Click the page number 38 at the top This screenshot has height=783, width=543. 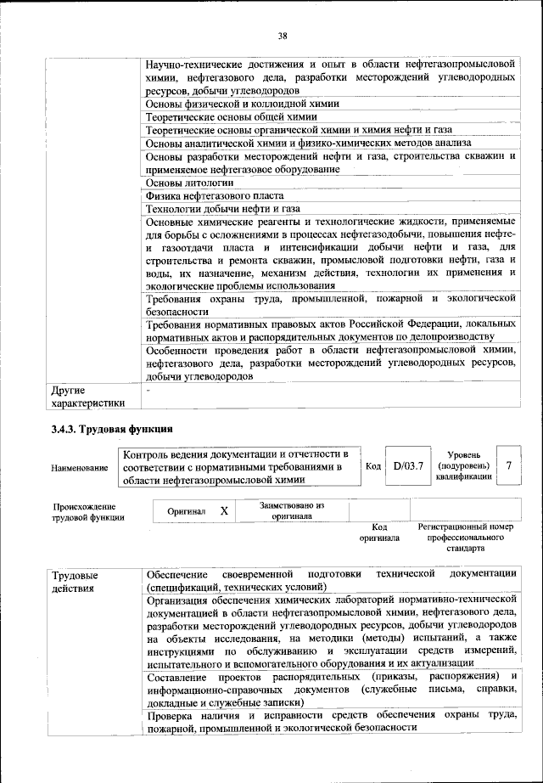[283, 35]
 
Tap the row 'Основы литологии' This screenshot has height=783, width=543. [189, 182]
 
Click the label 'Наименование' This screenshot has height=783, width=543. [80, 468]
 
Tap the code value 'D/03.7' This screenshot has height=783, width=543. [408, 466]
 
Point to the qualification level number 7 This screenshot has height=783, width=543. [508, 466]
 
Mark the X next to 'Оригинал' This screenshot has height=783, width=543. [224, 511]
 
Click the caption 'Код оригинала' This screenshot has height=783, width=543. [378, 532]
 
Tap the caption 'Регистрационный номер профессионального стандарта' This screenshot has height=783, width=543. [466, 538]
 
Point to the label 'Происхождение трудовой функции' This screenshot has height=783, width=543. [85, 512]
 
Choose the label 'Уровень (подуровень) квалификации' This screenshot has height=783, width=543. [463, 466]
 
